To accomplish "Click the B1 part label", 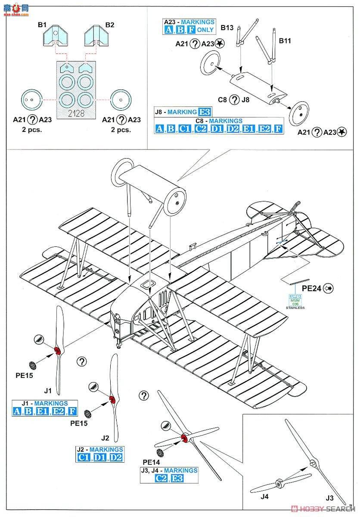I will [42, 25].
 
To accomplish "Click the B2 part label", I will [110, 25].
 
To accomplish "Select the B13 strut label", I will [227, 28].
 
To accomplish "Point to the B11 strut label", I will [285, 41].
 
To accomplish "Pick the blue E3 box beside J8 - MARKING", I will [205, 112].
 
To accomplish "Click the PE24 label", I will [311, 288].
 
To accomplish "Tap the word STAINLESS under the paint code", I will [295, 308].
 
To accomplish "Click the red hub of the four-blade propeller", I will [184, 438].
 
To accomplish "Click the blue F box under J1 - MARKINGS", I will [72, 411].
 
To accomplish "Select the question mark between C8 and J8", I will [234, 100].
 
